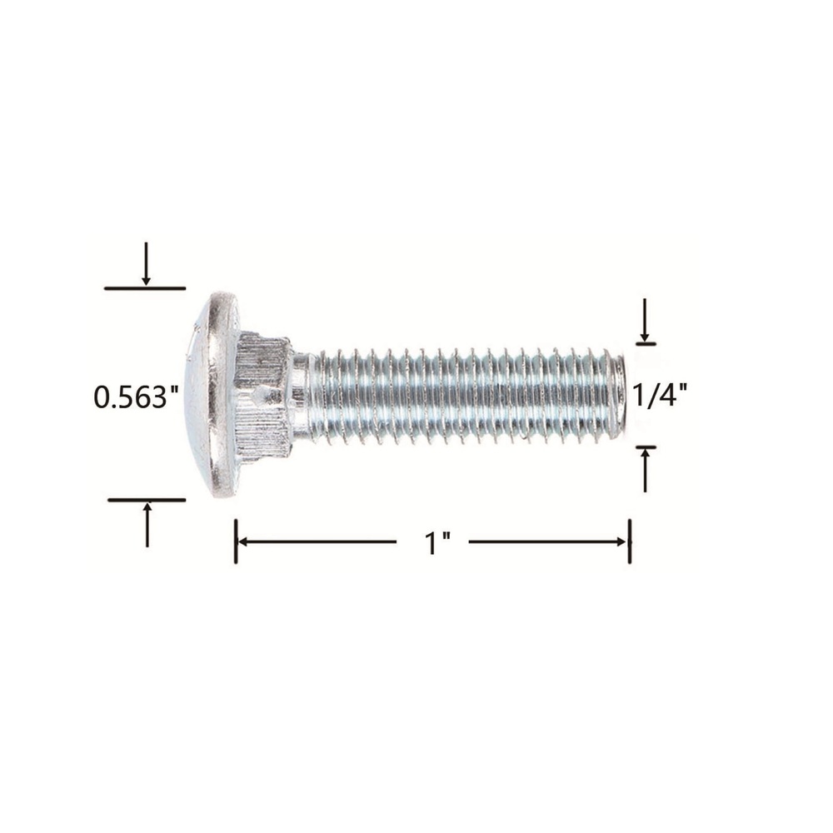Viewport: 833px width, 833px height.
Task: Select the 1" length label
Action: coord(437,542)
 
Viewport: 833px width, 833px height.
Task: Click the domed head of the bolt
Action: coord(212,394)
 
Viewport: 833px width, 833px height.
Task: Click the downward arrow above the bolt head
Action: coord(146,264)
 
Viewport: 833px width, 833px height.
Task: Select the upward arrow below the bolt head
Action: coord(147,524)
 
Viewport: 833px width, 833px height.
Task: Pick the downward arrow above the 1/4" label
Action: coord(645,320)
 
